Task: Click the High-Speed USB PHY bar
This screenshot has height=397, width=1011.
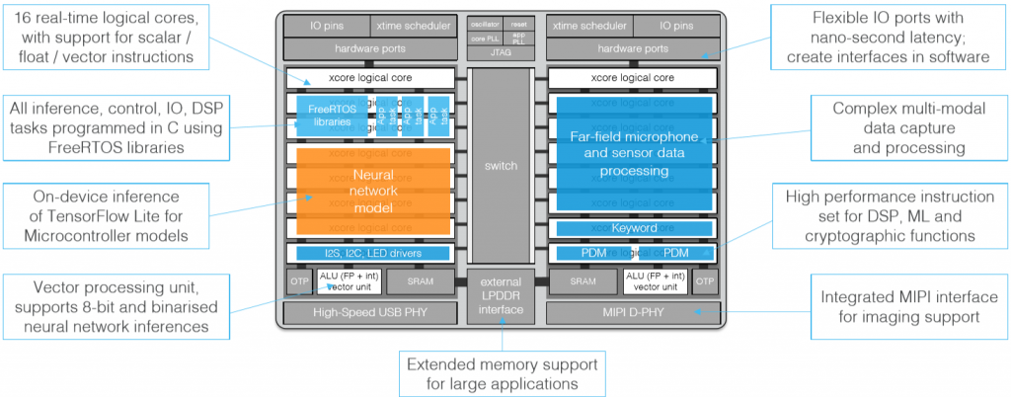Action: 369,314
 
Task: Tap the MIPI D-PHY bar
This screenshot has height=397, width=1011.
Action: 633,314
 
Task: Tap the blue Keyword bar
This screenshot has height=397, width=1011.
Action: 634,228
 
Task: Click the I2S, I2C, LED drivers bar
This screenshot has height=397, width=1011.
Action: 373,254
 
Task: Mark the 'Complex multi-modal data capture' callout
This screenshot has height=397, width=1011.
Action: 898,126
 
